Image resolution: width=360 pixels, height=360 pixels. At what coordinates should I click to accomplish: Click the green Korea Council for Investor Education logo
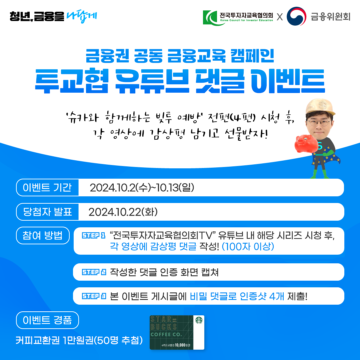210,18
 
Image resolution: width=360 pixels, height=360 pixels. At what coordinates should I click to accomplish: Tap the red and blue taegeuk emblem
296,16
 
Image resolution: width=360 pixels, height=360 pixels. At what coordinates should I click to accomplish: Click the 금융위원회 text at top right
331,17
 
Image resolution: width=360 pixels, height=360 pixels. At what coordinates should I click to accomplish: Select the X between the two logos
280,17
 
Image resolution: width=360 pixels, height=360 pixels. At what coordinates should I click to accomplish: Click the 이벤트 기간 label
47,188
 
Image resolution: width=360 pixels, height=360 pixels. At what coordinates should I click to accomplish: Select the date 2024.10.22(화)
123,212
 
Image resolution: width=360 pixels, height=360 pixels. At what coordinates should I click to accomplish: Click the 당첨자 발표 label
47,212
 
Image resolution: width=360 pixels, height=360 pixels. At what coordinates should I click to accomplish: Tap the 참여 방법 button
43,235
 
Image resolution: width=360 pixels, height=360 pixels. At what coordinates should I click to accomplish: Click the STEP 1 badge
93,236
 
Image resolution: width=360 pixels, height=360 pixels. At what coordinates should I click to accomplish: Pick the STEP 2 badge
94,272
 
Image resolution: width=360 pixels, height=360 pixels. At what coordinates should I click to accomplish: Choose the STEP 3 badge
94,296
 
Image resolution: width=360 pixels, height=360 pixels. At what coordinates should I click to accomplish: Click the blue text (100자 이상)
248,247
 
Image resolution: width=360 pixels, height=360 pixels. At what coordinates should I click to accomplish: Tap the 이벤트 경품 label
47,320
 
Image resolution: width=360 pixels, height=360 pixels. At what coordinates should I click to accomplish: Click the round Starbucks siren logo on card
199,320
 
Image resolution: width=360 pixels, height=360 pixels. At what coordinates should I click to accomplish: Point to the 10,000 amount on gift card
180,345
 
